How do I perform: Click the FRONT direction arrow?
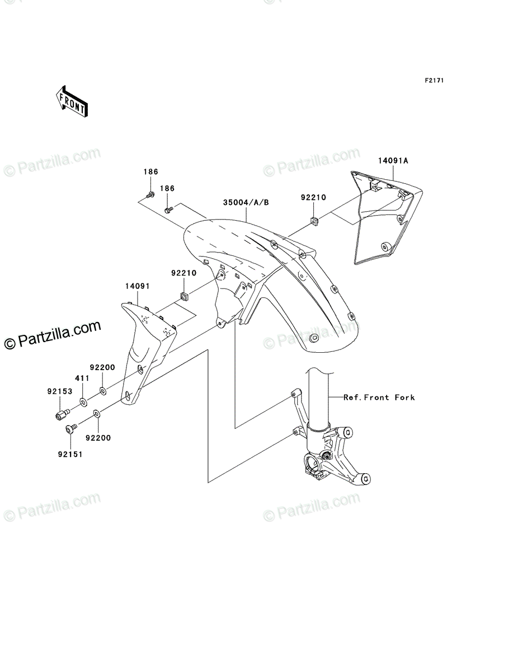point(72,101)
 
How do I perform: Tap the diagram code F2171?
point(434,81)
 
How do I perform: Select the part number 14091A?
point(393,160)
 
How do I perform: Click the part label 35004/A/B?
point(246,202)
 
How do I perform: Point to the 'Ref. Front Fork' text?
point(379,398)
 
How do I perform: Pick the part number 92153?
point(60,391)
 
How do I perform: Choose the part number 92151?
point(70,455)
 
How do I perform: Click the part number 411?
point(82,378)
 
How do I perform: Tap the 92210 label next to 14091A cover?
point(313,198)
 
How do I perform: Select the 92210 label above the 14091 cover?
point(183,273)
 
